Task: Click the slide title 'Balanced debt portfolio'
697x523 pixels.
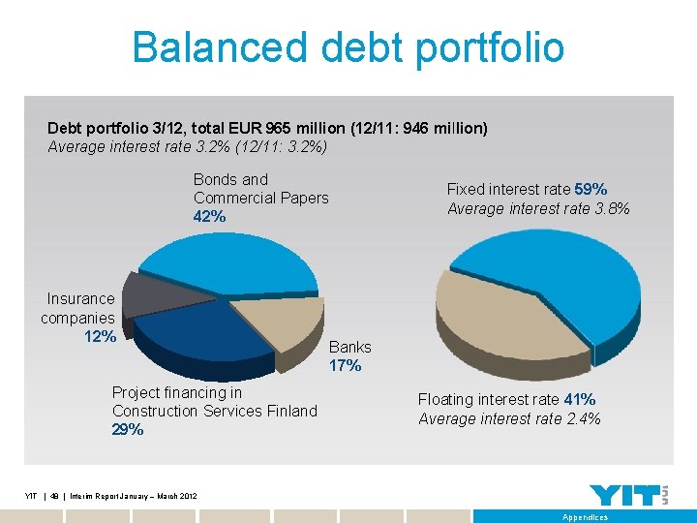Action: click(348, 46)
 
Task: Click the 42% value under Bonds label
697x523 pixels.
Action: click(209, 217)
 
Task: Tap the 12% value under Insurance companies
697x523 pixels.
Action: click(100, 337)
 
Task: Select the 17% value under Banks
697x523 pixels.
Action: click(345, 366)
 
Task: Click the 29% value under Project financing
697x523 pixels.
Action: click(127, 430)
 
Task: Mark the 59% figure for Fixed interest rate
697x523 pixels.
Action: click(591, 190)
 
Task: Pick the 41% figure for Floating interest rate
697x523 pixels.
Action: click(579, 400)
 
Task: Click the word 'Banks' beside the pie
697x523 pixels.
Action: click(349, 347)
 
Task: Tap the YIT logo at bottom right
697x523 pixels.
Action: click(628, 494)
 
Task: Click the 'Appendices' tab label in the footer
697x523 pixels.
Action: click(585, 517)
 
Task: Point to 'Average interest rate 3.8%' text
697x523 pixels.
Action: click(538, 209)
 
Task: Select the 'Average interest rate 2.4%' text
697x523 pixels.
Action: click(509, 419)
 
